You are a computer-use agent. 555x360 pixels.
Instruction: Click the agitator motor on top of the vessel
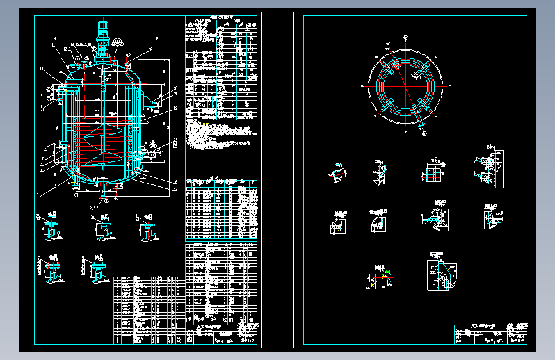pyautogui.click(x=101, y=28)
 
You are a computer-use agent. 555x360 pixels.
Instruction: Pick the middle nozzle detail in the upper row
pyautogui.click(x=102, y=228)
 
